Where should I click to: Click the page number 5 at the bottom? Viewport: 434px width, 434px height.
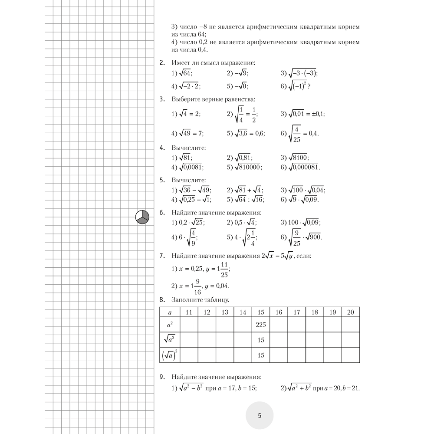[x=260, y=415]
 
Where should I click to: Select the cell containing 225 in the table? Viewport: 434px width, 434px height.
[x=260, y=325]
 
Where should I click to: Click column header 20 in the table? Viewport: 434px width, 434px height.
[x=351, y=312]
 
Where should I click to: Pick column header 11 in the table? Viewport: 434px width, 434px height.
[x=189, y=312]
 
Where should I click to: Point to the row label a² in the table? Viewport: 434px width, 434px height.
[x=170, y=325]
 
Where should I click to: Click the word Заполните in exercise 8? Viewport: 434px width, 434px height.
[x=188, y=300]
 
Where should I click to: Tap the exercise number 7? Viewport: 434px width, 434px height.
[x=161, y=256]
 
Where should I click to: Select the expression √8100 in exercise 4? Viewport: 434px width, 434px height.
[x=299, y=158]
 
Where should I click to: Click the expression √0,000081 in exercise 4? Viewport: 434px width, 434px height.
[x=304, y=167]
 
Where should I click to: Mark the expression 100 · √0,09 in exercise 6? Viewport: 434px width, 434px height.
[x=302, y=223]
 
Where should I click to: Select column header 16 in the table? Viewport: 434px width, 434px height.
[x=279, y=312]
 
